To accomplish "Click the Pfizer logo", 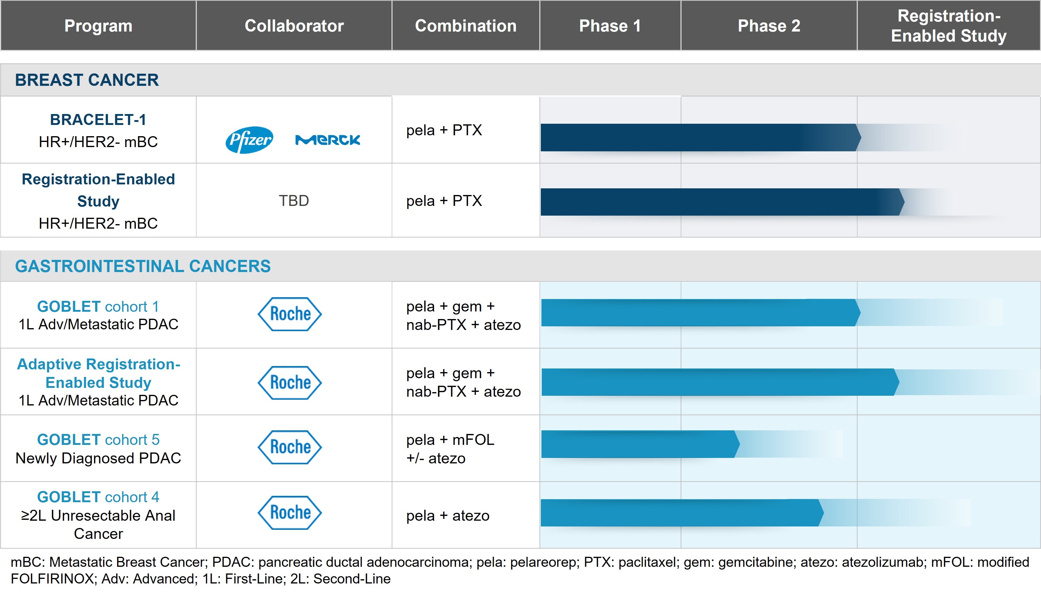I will tap(249, 140).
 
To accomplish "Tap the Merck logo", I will tap(327, 140).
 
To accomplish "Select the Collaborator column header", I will tap(294, 26).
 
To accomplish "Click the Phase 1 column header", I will tap(610, 26).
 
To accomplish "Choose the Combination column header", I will tap(466, 26).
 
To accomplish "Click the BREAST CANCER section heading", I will tap(87, 80).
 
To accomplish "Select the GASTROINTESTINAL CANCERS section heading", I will tap(143, 266).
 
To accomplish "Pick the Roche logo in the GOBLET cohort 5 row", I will tap(290, 447).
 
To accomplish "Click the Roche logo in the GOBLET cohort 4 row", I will tap(290, 513).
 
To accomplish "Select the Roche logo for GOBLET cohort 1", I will tap(290, 314).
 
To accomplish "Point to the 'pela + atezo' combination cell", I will tap(447, 516).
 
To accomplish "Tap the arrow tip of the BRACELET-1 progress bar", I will tap(858, 138).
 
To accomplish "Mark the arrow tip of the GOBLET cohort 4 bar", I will tap(821, 513).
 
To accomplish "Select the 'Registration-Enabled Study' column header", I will tap(948, 26).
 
